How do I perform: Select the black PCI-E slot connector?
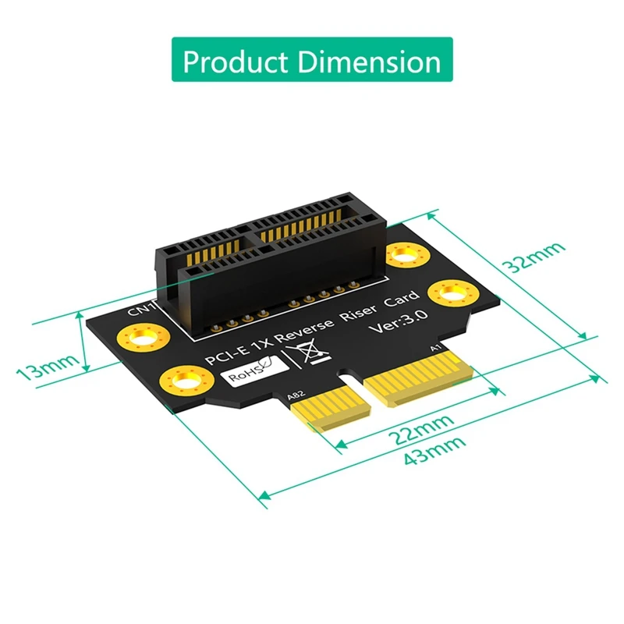tap(273, 257)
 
